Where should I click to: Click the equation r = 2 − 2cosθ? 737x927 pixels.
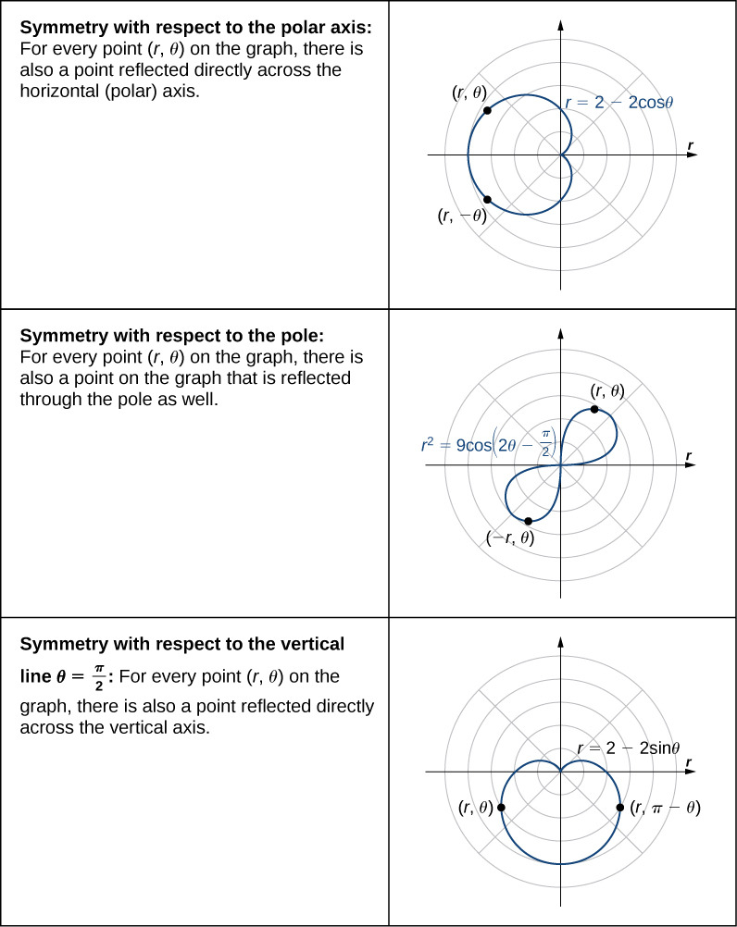click(618, 103)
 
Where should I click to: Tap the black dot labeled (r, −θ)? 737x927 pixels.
click(487, 199)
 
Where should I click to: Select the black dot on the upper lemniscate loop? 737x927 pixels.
click(593, 410)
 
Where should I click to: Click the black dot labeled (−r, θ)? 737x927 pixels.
click(528, 521)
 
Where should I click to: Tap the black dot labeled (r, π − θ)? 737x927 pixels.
click(619, 808)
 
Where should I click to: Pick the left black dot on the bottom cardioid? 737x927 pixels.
click(502, 808)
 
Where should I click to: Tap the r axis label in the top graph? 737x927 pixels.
click(691, 145)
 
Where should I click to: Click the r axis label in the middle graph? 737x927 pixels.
click(691, 456)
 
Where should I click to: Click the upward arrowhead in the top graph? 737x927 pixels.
click(560, 24)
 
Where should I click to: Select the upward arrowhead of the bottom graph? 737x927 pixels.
click(560, 640)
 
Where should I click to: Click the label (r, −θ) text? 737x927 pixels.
click(462, 216)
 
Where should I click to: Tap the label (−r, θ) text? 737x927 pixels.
click(510, 538)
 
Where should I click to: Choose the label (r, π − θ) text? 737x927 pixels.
click(665, 809)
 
